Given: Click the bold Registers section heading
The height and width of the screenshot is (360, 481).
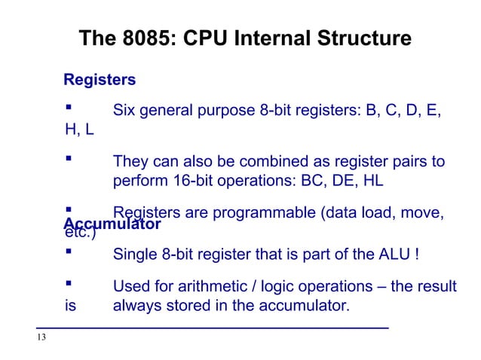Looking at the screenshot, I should tap(100, 79).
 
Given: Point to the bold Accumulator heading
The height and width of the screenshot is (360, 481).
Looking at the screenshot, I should tap(112, 224).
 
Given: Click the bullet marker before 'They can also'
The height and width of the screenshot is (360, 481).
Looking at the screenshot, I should tap(69, 161).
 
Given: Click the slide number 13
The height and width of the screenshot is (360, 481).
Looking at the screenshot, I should tap(41, 337).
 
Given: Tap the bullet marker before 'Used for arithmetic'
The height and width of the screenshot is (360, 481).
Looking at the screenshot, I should tap(69, 286).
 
